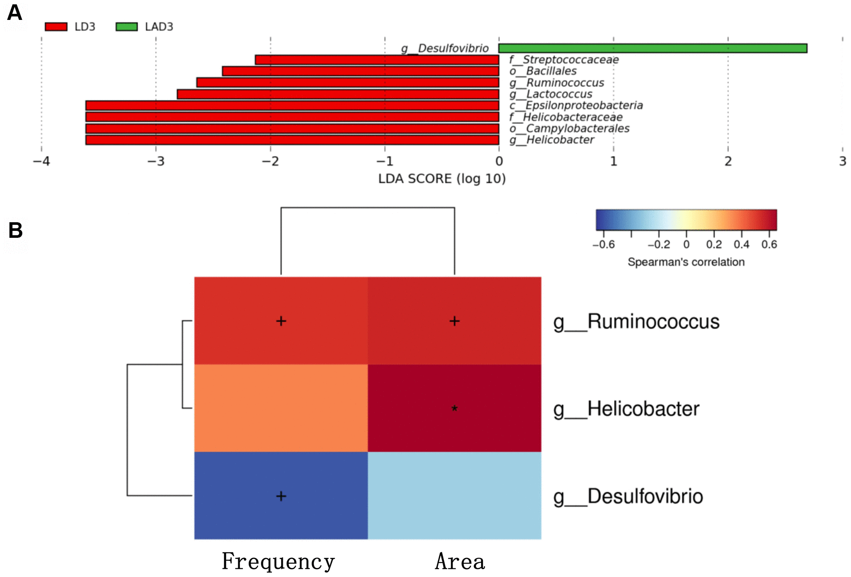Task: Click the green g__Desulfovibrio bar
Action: (652, 48)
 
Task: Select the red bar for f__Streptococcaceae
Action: (377, 60)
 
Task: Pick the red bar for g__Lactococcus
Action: (338, 94)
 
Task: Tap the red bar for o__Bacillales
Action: (360, 71)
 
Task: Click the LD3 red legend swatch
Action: (56, 27)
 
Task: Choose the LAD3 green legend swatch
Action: (126, 27)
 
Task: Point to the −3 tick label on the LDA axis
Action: (156, 162)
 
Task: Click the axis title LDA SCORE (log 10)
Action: (442, 178)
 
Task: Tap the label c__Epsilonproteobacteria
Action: (576, 105)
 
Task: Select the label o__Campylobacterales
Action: (569, 128)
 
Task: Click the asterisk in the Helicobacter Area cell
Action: (454, 408)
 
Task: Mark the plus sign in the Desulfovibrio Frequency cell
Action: (281, 496)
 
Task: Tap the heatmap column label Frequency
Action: (278, 561)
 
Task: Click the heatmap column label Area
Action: (460, 561)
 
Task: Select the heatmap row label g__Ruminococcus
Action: (636, 322)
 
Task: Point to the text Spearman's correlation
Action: (686, 262)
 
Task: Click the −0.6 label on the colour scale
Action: (604, 245)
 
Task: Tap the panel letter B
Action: (16, 230)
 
